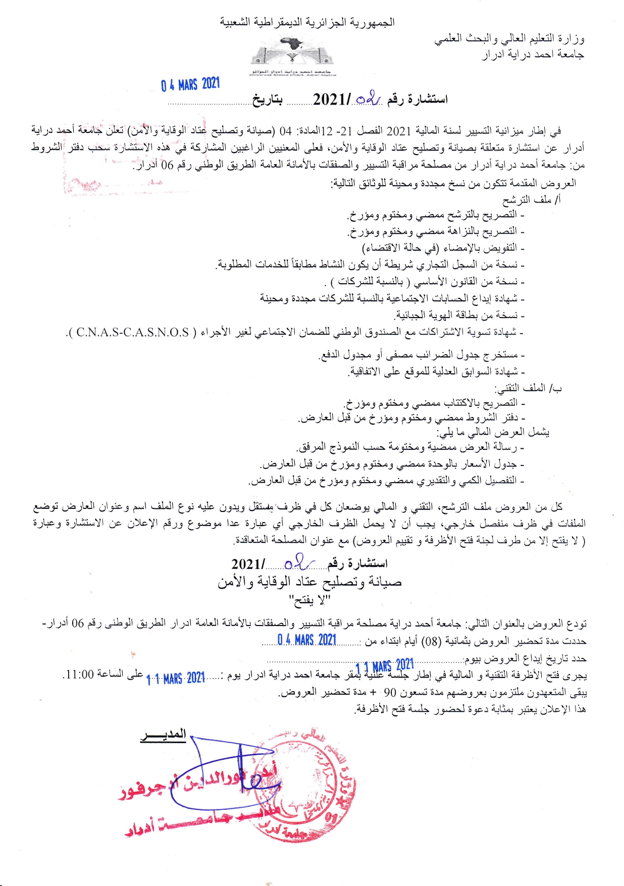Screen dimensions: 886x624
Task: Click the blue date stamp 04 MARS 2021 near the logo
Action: click(x=190, y=84)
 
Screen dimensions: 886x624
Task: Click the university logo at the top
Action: click(x=292, y=56)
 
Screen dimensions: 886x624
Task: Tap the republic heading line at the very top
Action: click(x=307, y=22)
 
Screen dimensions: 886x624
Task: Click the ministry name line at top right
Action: click(x=509, y=38)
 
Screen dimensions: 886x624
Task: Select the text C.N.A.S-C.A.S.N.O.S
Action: click(x=133, y=332)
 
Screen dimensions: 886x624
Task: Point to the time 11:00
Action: click(x=78, y=674)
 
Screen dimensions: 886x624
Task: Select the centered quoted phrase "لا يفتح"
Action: click(x=309, y=600)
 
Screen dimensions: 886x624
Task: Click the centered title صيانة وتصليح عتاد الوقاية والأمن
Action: click(x=309, y=582)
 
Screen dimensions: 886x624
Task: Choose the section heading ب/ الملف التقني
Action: click(x=528, y=388)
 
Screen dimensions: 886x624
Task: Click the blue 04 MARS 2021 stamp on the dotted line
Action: click(x=306, y=640)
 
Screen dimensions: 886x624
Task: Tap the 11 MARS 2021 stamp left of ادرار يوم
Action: click(x=176, y=678)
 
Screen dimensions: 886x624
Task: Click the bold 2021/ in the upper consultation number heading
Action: click(x=332, y=99)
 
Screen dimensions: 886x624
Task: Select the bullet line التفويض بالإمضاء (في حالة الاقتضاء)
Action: click(x=443, y=248)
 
